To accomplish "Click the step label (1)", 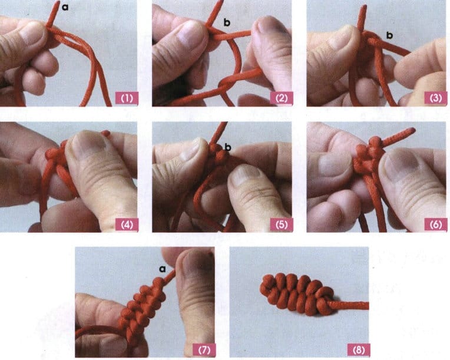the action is click(127, 98).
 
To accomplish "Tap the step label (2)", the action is click(282, 98).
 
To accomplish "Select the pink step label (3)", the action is click(436, 98).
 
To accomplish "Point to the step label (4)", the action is click(127, 224).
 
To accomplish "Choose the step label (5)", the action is click(282, 224).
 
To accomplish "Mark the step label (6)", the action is click(436, 224).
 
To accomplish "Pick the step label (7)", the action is click(204, 350).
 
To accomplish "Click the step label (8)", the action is click(359, 350).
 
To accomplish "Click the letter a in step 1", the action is click(65, 7).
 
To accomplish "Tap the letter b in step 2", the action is click(227, 22).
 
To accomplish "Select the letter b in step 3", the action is click(389, 35).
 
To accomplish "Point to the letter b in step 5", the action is click(228, 147).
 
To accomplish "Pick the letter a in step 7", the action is click(163, 269).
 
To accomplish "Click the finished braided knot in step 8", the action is click(297, 294).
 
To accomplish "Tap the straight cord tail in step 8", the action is click(352, 305).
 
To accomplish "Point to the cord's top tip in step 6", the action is click(413, 130).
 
